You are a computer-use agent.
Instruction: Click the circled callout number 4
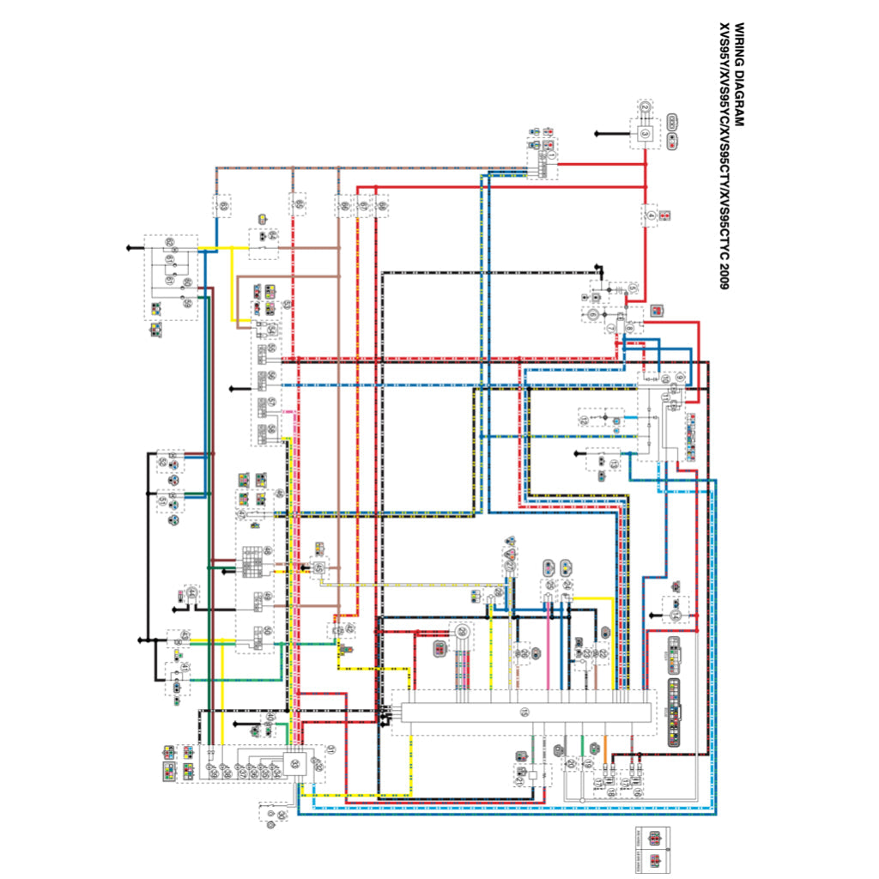651,215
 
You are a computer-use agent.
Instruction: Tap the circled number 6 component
592,315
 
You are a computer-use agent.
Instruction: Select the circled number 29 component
462,633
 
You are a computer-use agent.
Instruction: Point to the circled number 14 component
675,615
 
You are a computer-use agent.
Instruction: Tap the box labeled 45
318,568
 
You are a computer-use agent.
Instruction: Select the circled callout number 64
272,234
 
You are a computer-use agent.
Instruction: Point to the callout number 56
271,376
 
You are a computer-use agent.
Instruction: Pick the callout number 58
271,428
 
